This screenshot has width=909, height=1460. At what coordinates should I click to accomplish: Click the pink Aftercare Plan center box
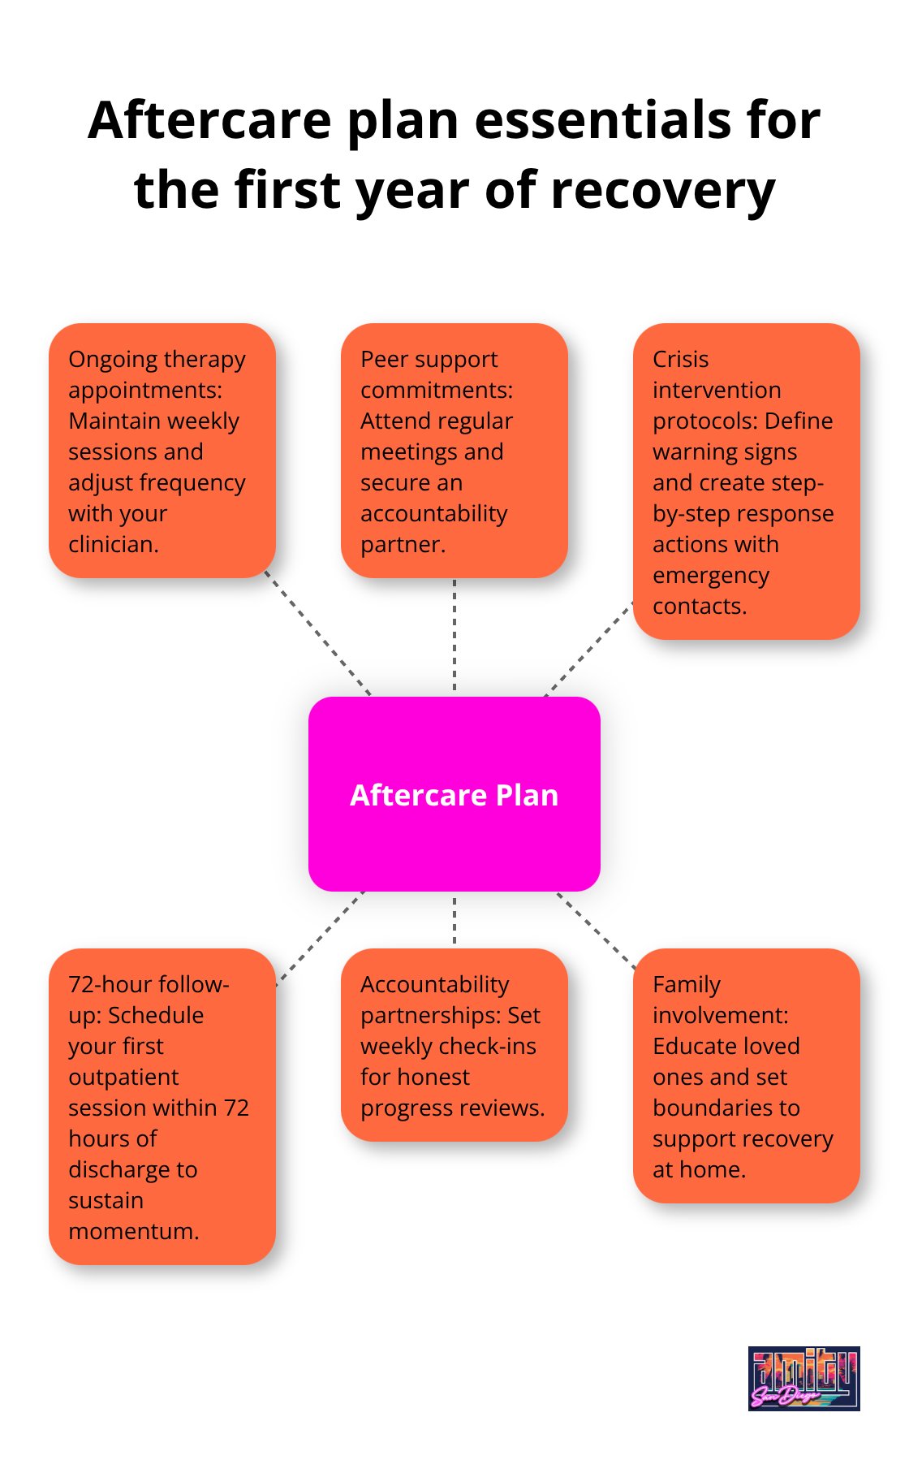pyautogui.click(x=454, y=793)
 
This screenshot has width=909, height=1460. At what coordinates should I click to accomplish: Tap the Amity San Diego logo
pyautogui.click(x=803, y=1378)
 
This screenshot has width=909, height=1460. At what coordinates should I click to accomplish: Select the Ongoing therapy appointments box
pyautogui.click(x=162, y=451)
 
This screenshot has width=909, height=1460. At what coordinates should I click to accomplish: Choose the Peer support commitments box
pyautogui.click(x=454, y=451)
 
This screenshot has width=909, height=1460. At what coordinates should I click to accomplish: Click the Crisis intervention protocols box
pyautogui.click(x=746, y=482)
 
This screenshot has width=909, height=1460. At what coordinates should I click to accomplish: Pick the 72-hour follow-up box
pyautogui.click(x=162, y=1106)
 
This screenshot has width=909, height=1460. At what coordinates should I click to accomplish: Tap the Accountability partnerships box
pyautogui.click(x=454, y=1045)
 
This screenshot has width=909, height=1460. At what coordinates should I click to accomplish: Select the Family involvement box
pyautogui.click(x=746, y=1076)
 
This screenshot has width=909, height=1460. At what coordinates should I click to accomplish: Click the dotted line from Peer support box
pyautogui.click(x=454, y=637)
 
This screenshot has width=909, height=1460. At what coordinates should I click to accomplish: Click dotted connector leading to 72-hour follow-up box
pyautogui.click(x=321, y=939)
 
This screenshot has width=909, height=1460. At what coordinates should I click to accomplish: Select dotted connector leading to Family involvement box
pyautogui.click(x=596, y=931)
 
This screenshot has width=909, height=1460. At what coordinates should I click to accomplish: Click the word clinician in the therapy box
pyautogui.click(x=113, y=544)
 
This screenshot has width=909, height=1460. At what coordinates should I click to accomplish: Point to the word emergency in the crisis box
pyautogui.click(x=710, y=575)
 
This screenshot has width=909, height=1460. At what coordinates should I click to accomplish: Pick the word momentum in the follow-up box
pyautogui.click(x=133, y=1231)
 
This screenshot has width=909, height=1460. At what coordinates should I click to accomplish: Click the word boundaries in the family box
pyautogui.click(x=726, y=1108)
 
